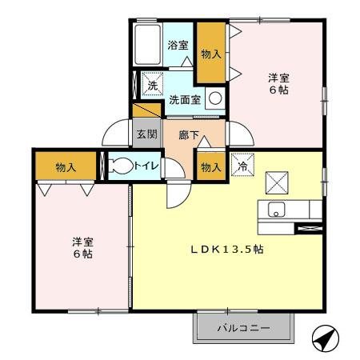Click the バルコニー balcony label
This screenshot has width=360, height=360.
click(243, 328)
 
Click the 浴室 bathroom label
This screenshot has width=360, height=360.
click(178, 46)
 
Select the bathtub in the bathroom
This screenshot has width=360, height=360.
click(148, 47)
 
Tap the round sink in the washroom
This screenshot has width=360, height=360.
click(214, 98)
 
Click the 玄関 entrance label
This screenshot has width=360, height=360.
click(145, 134)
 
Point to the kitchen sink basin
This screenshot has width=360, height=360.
click(276, 210)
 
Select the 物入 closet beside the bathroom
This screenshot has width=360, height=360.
click(211, 54)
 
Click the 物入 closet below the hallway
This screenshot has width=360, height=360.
click(210, 167)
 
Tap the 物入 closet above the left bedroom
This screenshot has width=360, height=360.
click(66, 167)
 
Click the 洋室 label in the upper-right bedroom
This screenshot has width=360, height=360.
click(278, 78)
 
